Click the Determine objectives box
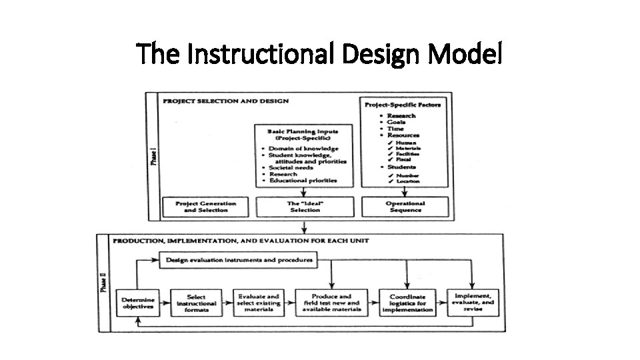[x=138, y=303]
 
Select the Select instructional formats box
[x=195, y=303]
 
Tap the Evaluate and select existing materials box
[x=259, y=303]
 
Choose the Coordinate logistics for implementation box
[x=407, y=303]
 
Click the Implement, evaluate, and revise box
[x=473, y=302]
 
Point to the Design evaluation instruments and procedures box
[x=238, y=259]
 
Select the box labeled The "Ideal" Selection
[x=305, y=206]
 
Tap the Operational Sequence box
[x=405, y=206]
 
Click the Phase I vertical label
[x=154, y=157]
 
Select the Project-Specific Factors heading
[x=403, y=105]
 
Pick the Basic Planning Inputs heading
[x=303, y=135]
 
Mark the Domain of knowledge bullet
[x=303, y=149]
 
